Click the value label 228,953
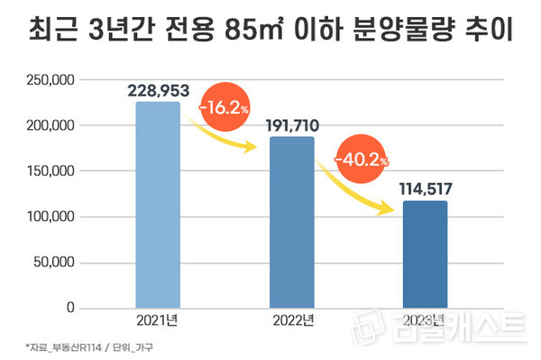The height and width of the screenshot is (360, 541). [x=158, y=90]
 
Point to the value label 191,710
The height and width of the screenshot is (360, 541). [x=291, y=125]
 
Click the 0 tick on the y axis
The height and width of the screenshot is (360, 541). [x=68, y=309]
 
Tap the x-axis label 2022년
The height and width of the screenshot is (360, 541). [x=292, y=321]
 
